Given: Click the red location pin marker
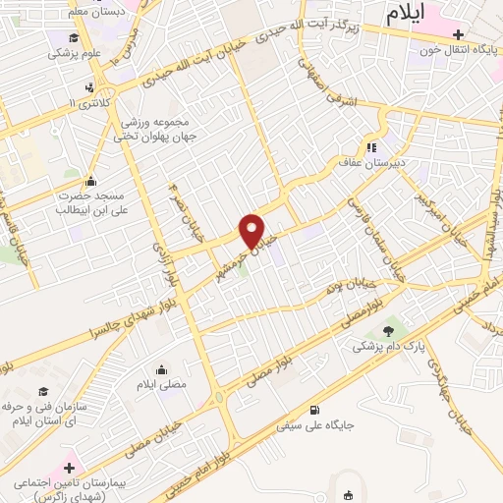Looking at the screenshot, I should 252,230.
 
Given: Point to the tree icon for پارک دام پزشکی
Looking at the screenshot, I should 388,331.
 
